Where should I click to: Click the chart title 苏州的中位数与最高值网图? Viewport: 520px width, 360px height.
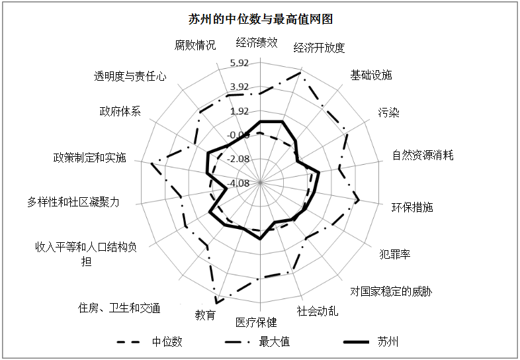261,19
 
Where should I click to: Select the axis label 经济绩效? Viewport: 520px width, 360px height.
256,42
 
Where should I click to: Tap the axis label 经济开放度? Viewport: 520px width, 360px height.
319,48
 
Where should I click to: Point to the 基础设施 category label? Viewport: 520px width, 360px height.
371,75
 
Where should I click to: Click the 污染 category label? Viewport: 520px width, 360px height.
388,112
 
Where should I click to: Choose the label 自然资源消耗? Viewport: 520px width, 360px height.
423,155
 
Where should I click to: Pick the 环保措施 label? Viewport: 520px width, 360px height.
412,207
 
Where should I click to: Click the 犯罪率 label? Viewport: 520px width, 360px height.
395,254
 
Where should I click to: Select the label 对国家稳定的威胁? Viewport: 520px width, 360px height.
392,291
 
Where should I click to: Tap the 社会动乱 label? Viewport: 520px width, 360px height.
318,311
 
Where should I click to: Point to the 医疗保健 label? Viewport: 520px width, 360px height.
256,322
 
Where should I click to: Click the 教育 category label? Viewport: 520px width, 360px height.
205,315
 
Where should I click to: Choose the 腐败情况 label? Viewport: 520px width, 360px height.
195,45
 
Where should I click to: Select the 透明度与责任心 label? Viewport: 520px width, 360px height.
130,76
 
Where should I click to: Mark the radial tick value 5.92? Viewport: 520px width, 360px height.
239,63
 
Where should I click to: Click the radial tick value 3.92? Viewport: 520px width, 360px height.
239,87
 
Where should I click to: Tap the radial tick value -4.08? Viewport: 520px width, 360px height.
238,183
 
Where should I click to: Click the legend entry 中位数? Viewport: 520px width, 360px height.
150,341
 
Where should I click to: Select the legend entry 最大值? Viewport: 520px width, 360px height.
257,341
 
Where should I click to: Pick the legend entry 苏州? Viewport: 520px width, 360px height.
371,341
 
